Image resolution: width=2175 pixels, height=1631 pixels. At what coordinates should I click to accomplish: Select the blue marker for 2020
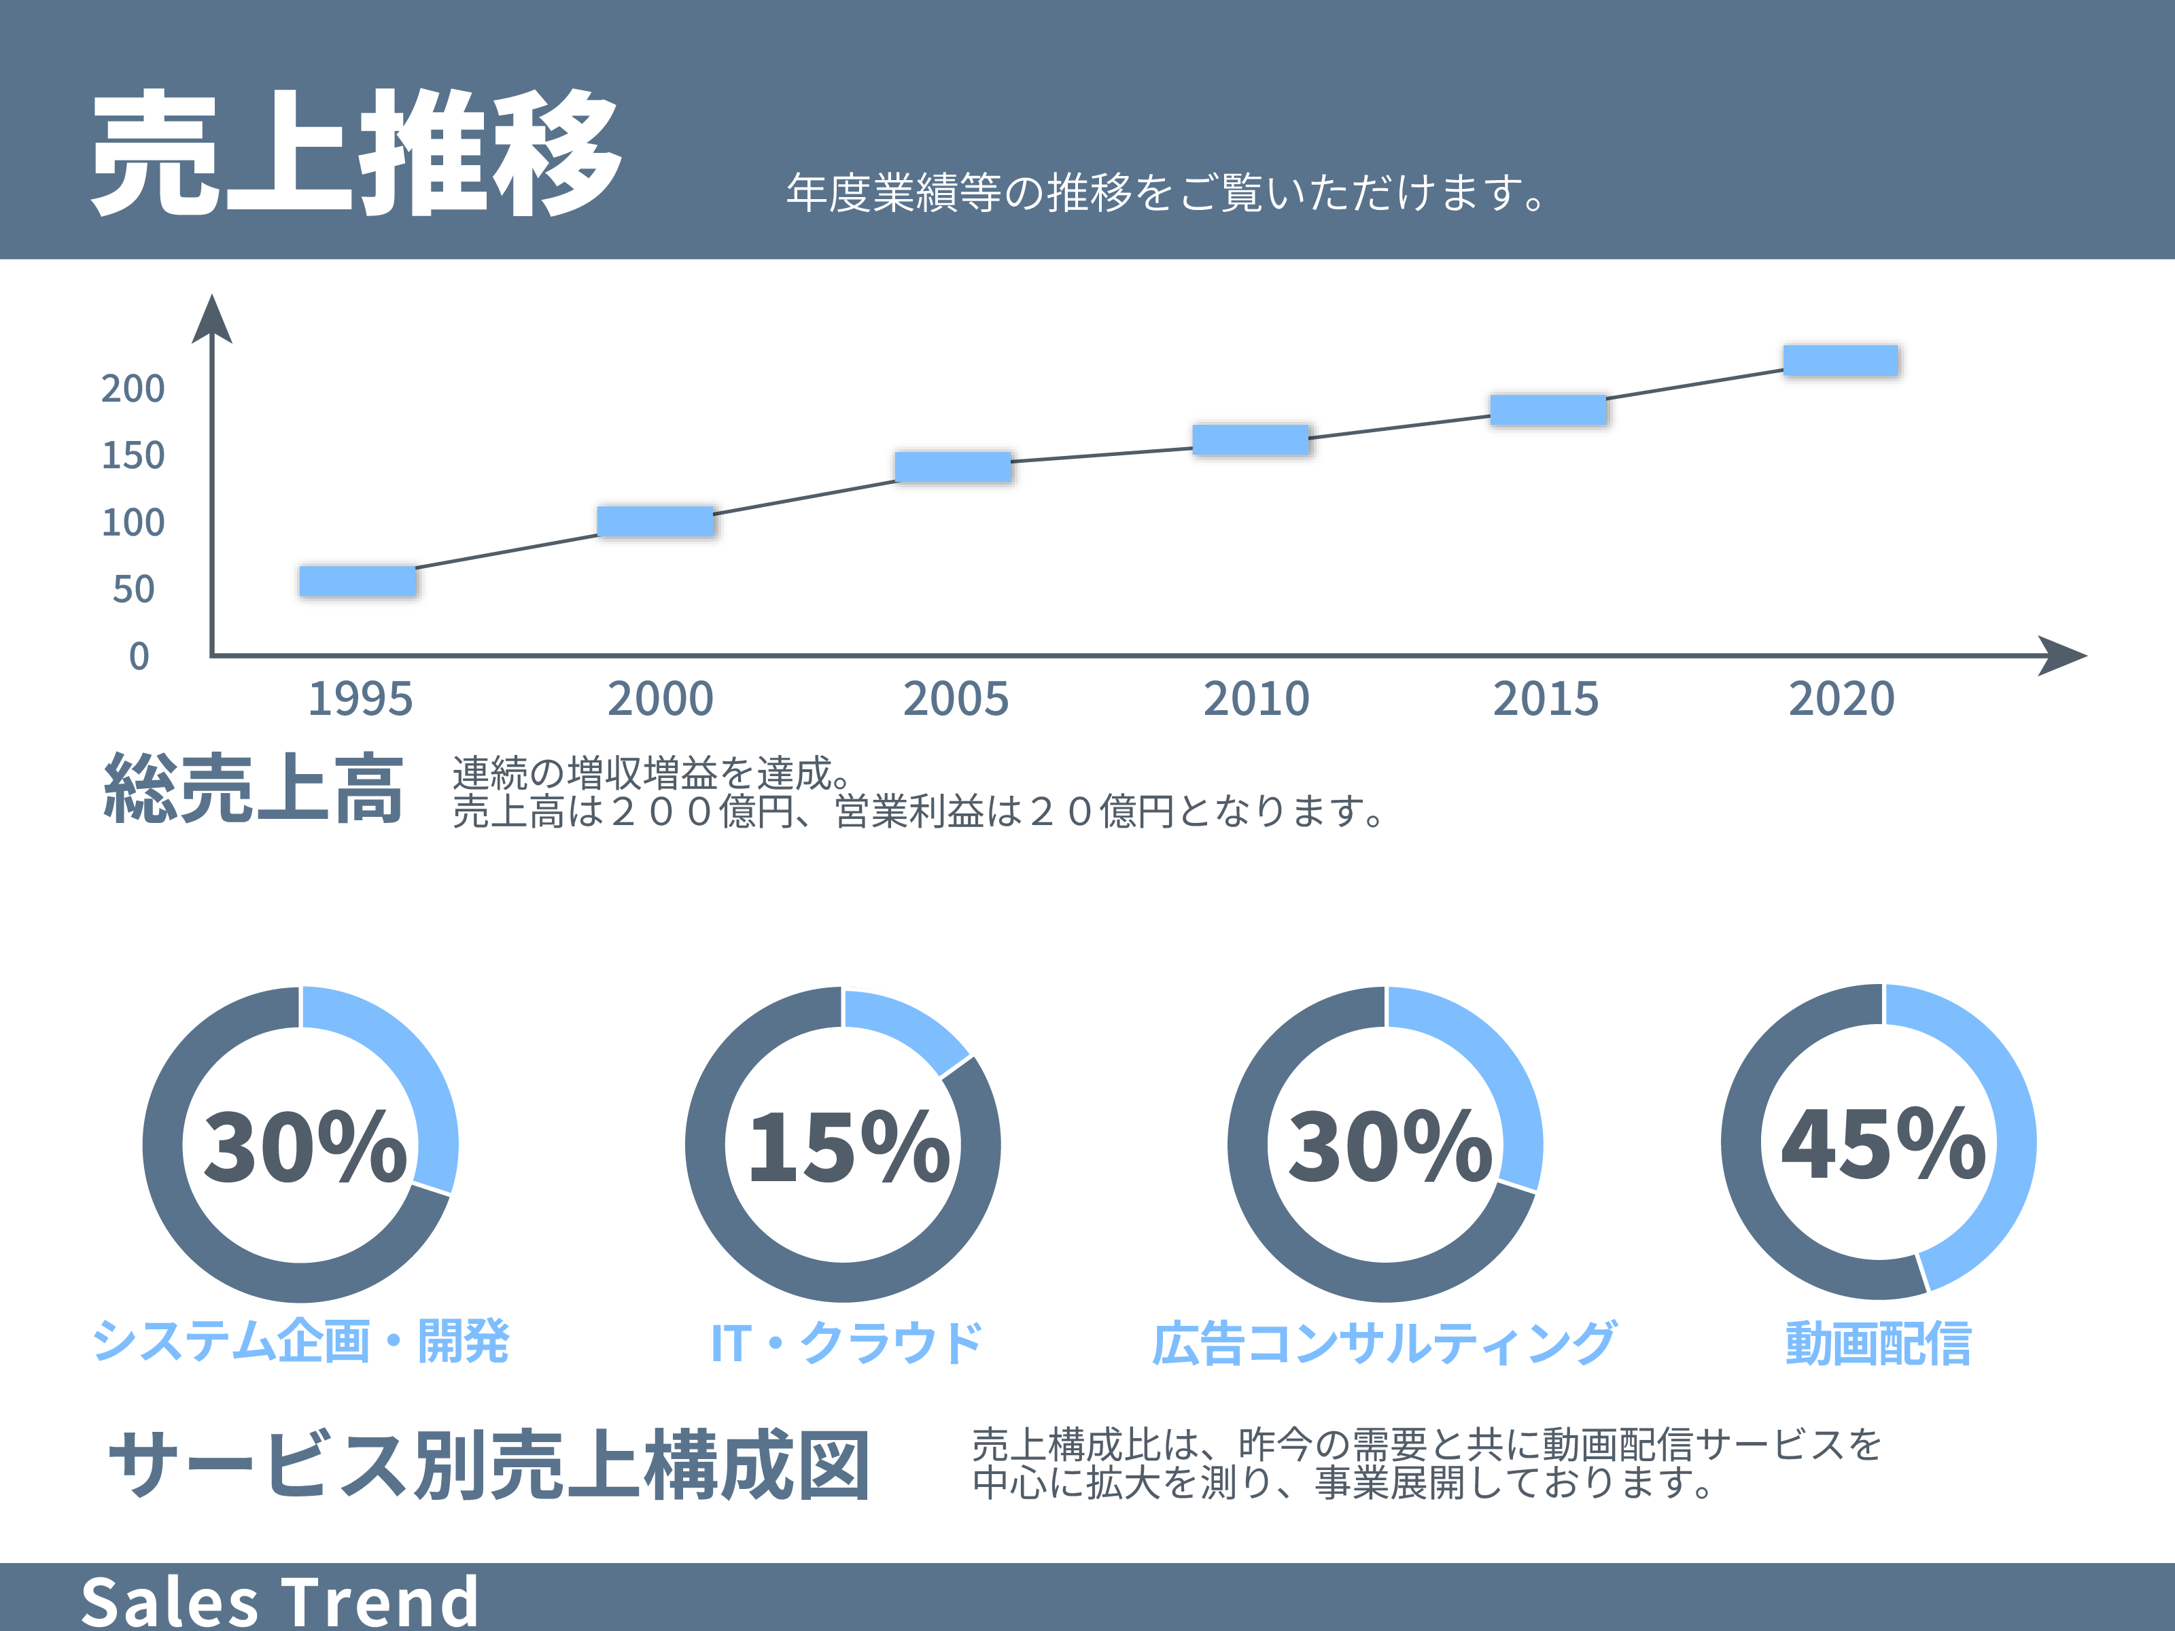click(1840, 359)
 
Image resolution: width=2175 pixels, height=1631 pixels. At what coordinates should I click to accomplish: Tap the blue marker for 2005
click(952, 466)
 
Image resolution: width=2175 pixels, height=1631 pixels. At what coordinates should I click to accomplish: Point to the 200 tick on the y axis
click(133, 389)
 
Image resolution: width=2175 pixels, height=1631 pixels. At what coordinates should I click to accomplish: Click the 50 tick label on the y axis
click(134, 590)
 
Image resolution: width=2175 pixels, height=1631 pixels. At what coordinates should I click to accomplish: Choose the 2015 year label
click(1545, 699)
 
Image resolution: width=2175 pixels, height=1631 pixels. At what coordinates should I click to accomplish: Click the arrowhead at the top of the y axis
click(211, 319)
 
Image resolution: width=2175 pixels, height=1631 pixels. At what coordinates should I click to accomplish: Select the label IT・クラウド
click(846, 1343)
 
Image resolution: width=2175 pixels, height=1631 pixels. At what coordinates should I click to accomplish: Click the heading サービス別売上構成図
click(489, 1466)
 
